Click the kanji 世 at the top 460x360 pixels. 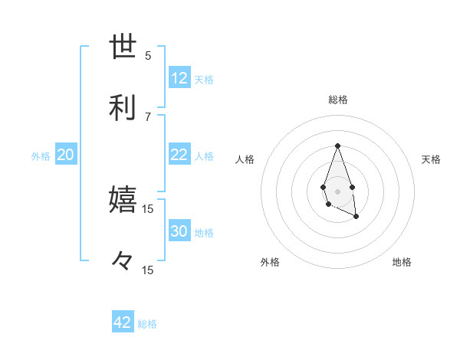(x=123, y=47)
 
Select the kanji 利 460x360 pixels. (x=123, y=108)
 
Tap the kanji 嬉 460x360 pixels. (x=123, y=200)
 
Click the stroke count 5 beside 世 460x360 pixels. (x=148, y=55)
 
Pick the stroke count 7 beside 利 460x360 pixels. (x=148, y=116)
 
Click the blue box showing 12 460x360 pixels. (x=179, y=78)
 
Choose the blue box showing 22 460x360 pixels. (x=179, y=155)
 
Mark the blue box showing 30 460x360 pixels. (x=179, y=231)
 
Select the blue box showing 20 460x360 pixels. (x=66, y=155)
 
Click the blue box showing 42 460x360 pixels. (x=123, y=322)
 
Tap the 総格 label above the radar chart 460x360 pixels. (x=337, y=100)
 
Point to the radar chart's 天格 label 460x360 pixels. (x=431, y=159)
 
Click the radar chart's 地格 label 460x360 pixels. (x=402, y=262)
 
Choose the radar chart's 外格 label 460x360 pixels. (x=270, y=262)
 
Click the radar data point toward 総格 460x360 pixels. (x=337, y=145)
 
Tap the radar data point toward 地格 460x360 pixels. (x=356, y=217)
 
